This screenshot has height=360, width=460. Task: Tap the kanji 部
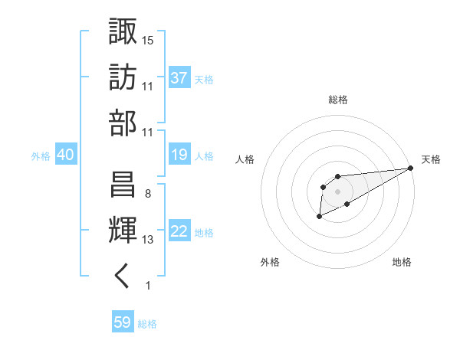(123, 123)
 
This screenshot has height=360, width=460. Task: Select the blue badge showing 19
(179, 155)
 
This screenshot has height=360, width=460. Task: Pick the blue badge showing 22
(179, 231)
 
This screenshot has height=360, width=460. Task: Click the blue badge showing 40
(65, 155)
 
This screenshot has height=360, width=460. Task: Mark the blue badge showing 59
(123, 322)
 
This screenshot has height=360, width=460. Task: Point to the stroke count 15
(148, 40)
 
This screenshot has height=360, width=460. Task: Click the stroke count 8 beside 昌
(147, 193)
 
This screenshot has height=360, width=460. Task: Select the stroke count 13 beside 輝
(148, 240)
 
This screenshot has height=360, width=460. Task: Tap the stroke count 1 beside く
(147, 286)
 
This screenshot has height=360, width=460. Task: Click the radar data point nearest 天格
(412, 169)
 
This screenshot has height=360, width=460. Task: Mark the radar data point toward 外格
(319, 218)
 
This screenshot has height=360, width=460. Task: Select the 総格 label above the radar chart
(337, 100)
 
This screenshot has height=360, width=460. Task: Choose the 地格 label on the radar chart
(402, 263)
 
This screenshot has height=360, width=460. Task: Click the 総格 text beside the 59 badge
(147, 324)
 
